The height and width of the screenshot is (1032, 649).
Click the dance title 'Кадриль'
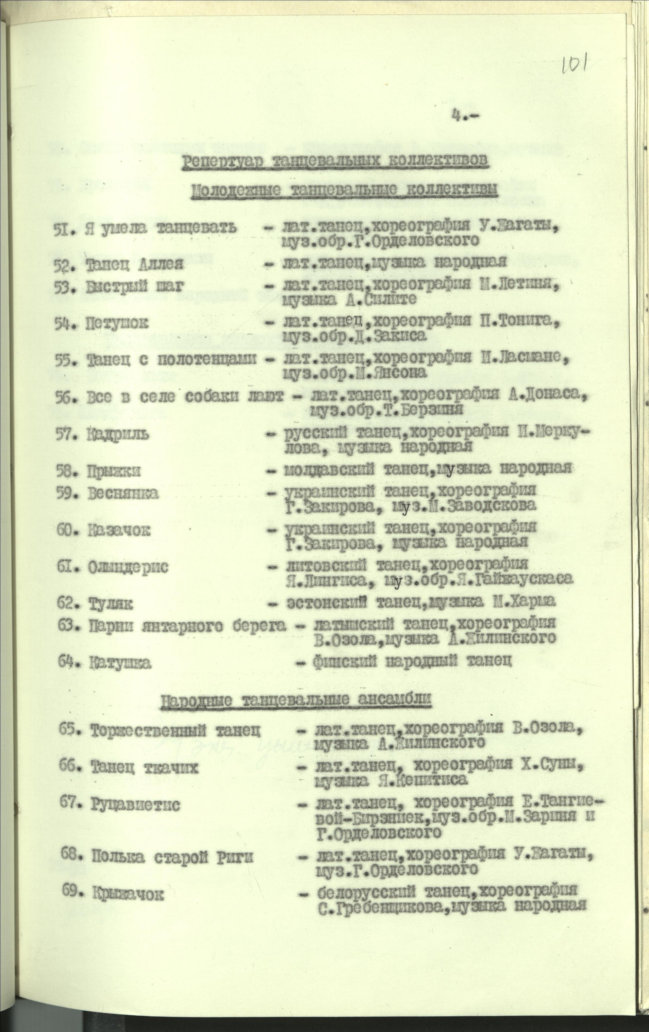(118, 435)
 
